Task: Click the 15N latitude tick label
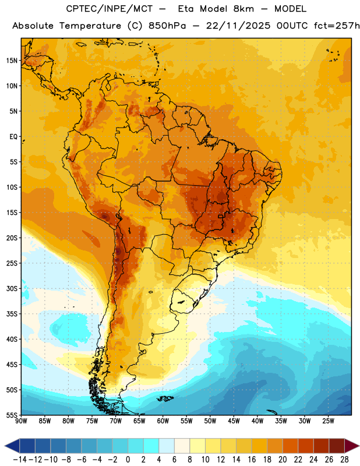pos(12,61)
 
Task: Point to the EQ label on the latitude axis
pos(13,137)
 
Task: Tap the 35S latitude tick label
pos(12,314)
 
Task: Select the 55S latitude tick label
pos(12,415)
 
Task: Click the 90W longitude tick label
pos(21,421)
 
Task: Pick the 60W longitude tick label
pos(163,421)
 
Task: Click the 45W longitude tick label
pos(234,421)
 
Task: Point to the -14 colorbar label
pos(20,460)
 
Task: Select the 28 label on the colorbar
pos(344,460)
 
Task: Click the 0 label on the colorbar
pos(128,460)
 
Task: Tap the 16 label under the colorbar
pos(252,460)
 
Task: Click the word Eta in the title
pos(186,9)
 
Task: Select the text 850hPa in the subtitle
pos(167,26)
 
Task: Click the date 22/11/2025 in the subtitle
pos(238,26)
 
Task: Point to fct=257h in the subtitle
pos(337,26)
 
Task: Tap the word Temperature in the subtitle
pos(90,26)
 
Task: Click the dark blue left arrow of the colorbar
pos(12,446)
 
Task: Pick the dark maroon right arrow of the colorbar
pos(352,446)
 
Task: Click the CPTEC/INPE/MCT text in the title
pos(110,9)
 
